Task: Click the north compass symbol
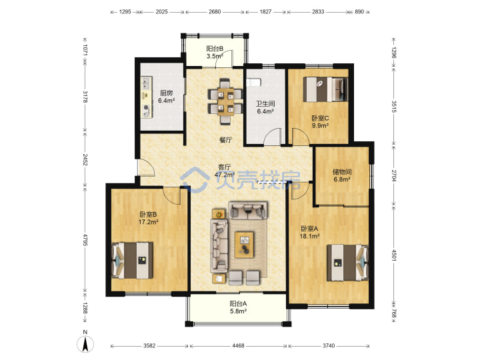(x=85, y=343)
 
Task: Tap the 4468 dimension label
(x=238, y=345)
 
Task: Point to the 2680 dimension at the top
(x=215, y=11)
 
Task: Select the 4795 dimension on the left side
(x=85, y=240)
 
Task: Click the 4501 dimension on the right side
(x=394, y=255)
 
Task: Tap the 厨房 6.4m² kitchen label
(x=166, y=97)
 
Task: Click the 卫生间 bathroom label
(x=265, y=104)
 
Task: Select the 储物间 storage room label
(x=342, y=172)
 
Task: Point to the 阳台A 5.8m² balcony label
(x=238, y=307)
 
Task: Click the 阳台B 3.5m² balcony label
(x=215, y=53)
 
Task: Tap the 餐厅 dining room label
(x=225, y=140)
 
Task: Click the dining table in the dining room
(x=225, y=101)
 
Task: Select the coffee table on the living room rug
(x=244, y=245)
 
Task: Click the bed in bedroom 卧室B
(x=132, y=261)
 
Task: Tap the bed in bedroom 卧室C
(x=325, y=89)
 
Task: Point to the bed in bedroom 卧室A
(x=347, y=263)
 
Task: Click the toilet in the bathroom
(x=253, y=83)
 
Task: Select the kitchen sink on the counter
(x=146, y=83)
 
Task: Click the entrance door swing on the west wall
(x=146, y=168)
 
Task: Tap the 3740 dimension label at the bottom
(x=329, y=345)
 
